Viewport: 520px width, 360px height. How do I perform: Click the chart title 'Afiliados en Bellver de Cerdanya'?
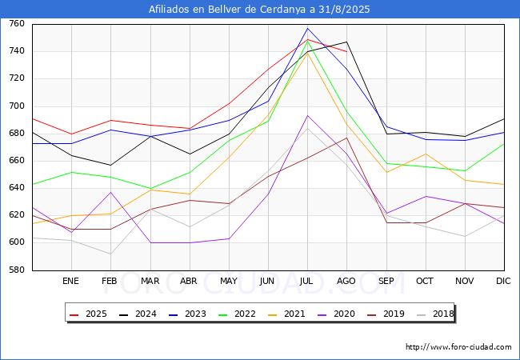227,10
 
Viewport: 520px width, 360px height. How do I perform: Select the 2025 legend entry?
89,314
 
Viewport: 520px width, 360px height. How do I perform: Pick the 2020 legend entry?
336,314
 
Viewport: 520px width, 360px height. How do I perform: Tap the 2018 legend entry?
435,314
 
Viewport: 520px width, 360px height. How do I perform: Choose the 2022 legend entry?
237,314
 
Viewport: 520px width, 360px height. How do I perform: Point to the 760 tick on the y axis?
17,23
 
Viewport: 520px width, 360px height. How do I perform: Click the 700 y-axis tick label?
17,106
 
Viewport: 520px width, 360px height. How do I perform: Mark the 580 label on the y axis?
17,270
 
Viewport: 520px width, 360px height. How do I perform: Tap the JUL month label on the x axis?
306,281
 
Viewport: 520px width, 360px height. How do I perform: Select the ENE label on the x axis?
70,281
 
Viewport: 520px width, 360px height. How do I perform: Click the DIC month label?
503,281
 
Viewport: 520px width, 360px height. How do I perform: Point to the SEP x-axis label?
386,281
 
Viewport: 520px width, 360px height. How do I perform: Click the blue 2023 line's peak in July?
308,29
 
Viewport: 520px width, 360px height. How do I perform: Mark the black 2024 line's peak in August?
347,42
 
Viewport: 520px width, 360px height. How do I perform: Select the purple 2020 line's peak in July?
308,116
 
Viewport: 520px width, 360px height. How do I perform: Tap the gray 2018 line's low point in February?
110,254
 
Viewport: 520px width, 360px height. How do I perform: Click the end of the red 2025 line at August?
347,52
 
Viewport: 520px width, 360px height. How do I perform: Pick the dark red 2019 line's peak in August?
347,138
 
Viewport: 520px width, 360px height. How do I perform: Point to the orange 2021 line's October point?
426,154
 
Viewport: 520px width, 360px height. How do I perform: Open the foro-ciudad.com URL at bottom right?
458,347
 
